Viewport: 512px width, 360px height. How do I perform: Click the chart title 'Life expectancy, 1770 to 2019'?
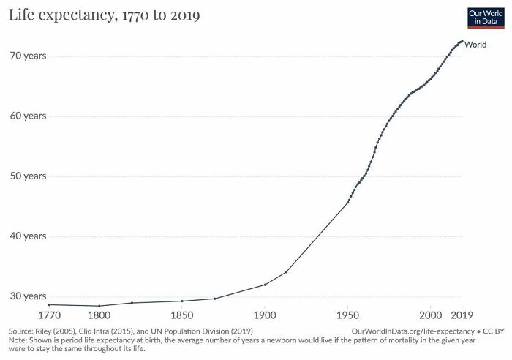pyautogui.click(x=105, y=15)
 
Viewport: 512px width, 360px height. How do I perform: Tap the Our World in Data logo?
pyautogui.click(x=486, y=17)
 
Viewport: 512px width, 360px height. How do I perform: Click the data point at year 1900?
pyautogui.click(x=265, y=284)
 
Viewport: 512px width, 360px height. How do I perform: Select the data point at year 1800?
pyautogui.click(x=99, y=306)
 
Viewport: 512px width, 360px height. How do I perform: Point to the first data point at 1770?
pyautogui.click(x=49, y=304)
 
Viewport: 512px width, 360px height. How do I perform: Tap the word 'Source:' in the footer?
pyautogui.click(x=19, y=331)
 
